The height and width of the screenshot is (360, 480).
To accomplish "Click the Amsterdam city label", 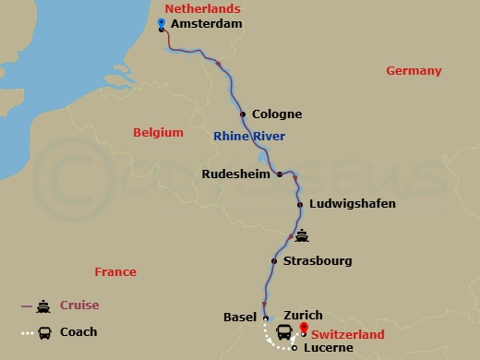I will coord(207,24).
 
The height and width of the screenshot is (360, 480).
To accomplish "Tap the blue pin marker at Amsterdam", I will coord(162,24).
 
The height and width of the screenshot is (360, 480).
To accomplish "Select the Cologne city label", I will coord(277,115).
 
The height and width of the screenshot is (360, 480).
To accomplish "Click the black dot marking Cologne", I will coord(243,115).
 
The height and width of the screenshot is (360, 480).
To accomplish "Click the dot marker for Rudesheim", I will coord(280,174).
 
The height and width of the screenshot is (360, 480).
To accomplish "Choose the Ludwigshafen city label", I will coord(353,204).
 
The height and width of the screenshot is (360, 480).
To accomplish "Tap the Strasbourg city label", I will coord(318,261).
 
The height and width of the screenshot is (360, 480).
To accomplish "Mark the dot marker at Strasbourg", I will coord(274,261).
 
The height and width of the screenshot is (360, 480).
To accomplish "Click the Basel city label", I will coord(240,317).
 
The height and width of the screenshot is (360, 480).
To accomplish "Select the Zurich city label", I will coord(304,316).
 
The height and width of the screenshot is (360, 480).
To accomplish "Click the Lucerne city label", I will coord(325,349).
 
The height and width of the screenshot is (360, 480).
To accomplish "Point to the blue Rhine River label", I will coord(249,137).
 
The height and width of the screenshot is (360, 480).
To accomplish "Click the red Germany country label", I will coord(414,71).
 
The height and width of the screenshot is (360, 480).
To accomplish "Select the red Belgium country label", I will coord(158,132).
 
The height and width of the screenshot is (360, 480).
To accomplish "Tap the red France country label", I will coord(115,272).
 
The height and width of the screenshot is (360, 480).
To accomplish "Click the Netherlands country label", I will coord(197,7).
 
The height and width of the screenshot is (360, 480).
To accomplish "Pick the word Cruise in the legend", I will coord(79,306).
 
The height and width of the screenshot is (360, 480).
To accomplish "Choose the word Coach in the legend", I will coord(78,332).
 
